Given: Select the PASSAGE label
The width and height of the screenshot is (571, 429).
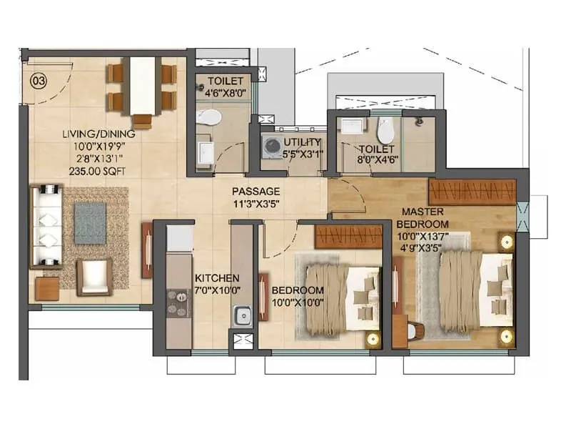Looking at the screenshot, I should (256, 192).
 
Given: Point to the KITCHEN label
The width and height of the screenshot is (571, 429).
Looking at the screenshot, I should (217, 277).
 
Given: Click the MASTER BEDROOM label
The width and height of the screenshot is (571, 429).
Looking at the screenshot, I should (425, 218).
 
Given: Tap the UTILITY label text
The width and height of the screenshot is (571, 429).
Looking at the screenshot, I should (302, 142).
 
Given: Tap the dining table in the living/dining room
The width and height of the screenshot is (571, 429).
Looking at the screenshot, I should (142, 86).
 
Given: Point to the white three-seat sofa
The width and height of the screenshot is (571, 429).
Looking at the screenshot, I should (47, 226).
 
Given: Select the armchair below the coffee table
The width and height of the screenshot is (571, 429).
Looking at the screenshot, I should (94, 277).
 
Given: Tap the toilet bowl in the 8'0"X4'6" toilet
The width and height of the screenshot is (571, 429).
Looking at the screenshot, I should (385, 130).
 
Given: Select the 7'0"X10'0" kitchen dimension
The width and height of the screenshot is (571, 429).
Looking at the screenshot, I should (217, 290).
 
